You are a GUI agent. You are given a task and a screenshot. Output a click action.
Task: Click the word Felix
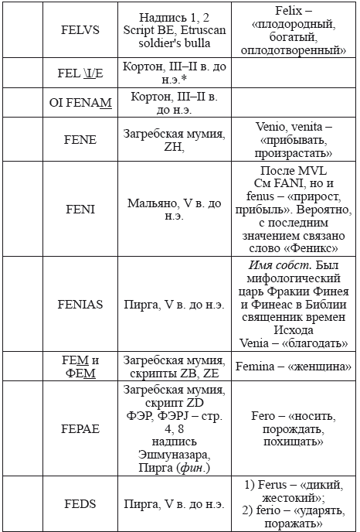(x=270, y=10)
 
